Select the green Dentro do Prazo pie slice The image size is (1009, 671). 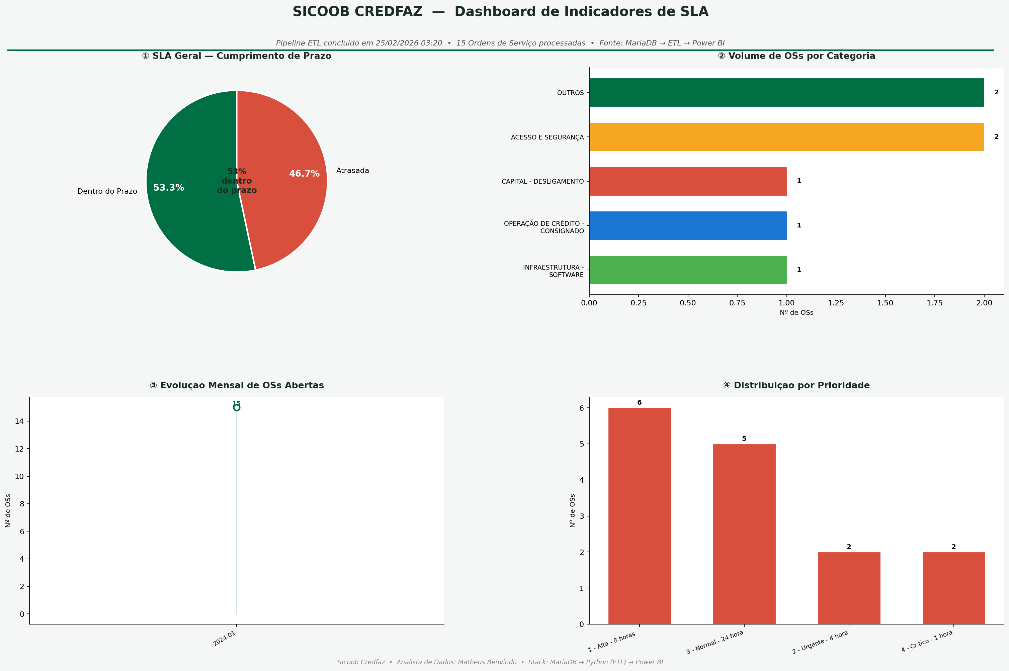[x=188, y=222]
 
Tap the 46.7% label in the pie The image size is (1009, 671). [x=304, y=174]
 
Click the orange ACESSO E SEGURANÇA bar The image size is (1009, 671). [x=786, y=137]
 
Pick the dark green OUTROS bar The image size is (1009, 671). [x=786, y=92]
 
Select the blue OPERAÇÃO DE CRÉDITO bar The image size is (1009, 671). [x=687, y=225]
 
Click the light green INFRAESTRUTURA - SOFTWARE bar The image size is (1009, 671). [x=687, y=270]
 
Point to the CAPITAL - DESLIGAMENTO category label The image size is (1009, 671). [x=542, y=181]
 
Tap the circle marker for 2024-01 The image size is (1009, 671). [x=237, y=408]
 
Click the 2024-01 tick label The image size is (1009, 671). [x=225, y=639]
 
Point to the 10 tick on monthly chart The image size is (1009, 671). [x=20, y=476]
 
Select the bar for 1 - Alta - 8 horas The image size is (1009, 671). [x=639, y=516]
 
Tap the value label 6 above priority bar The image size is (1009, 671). [x=639, y=403]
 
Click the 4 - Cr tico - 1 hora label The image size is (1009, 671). [x=927, y=641]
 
